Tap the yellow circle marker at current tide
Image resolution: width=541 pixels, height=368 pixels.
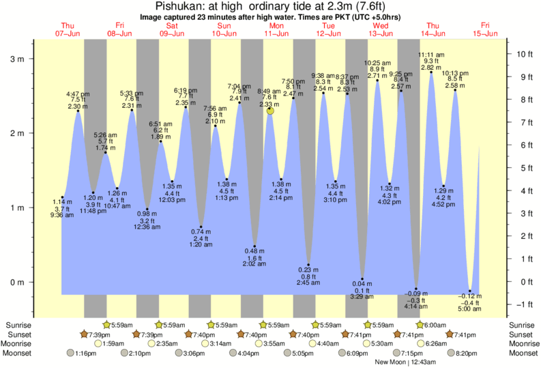click(270, 110)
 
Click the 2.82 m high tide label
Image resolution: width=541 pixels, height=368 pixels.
click(430, 68)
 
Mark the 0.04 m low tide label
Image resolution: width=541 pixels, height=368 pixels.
click(362, 284)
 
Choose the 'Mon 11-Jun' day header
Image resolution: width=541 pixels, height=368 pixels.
click(276, 29)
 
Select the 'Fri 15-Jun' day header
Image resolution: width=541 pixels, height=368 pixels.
click(486, 29)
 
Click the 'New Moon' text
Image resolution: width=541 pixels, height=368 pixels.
click(390, 361)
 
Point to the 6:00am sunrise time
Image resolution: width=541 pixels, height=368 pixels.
click(433, 325)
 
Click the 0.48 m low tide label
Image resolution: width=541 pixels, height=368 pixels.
click(254, 251)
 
